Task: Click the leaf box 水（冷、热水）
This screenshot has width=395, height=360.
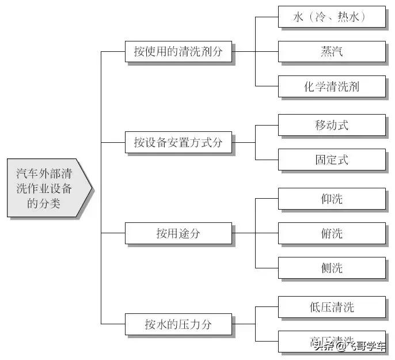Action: coord(331,18)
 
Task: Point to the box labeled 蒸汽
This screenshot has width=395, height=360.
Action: coord(331,52)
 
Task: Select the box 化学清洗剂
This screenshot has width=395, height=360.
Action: coord(331,86)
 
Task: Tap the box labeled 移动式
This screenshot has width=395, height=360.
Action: coord(331,125)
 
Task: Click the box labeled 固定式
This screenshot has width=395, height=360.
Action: coord(331,160)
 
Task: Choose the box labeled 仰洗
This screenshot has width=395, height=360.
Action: coord(331,199)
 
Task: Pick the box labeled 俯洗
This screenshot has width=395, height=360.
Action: coord(331,233)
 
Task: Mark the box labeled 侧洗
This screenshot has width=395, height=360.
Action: coord(331,268)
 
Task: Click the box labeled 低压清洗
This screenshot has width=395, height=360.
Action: coord(331,307)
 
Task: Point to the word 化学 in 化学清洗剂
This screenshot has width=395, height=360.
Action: coord(314,86)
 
